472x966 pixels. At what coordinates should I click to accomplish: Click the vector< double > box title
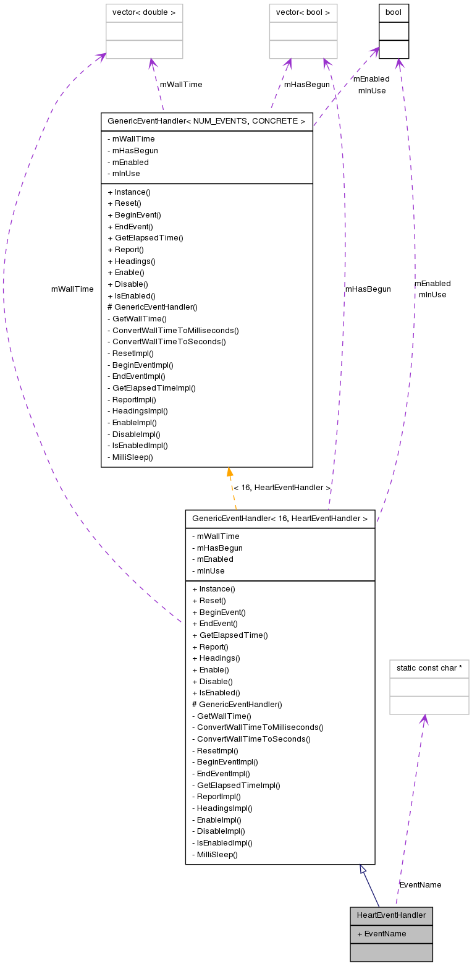144,12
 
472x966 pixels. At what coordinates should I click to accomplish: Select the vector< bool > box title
303,12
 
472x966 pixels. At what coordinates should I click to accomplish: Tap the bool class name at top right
394,12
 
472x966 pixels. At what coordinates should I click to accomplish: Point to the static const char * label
429,668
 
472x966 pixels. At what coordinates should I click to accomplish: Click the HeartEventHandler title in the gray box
391,915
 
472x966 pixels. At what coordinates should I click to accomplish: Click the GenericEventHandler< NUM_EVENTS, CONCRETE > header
206,121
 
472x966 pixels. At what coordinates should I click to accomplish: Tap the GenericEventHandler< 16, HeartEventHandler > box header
280,519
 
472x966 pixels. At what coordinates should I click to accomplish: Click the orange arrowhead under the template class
230,473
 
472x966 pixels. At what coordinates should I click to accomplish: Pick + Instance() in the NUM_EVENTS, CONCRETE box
129,192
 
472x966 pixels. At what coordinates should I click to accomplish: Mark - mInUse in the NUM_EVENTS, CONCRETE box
124,174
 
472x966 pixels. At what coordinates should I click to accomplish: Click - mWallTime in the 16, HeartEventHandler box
216,536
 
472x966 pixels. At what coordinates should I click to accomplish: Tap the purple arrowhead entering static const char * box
424,719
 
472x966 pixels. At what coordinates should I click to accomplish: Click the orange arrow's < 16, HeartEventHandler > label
282,488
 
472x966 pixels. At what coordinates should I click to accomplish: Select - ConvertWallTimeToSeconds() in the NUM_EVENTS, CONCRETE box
166,341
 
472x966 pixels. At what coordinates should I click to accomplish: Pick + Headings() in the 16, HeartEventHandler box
216,658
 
